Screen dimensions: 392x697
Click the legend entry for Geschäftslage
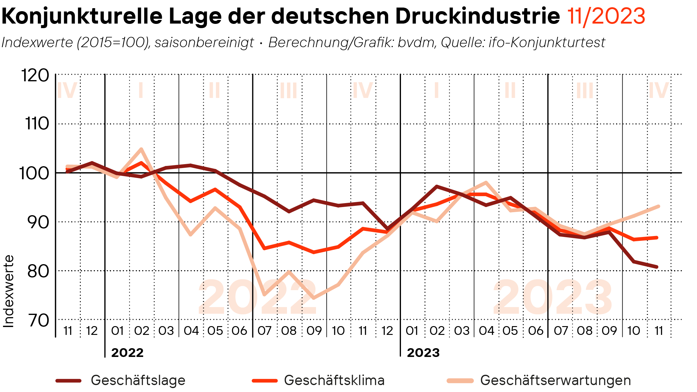[x=138, y=380]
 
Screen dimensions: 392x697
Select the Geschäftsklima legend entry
[x=334, y=380]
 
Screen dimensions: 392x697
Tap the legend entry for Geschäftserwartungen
[x=555, y=380]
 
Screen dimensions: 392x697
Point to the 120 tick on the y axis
[x=35, y=76]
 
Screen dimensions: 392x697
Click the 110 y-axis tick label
[x=37, y=124]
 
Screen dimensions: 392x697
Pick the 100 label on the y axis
[x=34, y=173]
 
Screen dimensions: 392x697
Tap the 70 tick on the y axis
[x=38, y=321]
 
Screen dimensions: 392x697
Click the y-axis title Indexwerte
[x=8, y=291]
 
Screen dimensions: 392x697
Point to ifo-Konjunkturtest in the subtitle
[x=547, y=43]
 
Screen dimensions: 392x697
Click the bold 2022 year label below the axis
[x=127, y=353]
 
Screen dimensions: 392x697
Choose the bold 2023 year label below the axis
[x=423, y=353]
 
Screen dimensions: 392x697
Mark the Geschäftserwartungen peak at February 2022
[x=141, y=149]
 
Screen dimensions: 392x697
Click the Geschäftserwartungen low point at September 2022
[x=314, y=298]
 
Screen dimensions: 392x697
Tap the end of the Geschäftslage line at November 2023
[x=657, y=267]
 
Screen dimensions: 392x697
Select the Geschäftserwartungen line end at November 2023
[x=658, y=206]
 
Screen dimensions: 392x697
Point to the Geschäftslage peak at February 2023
[x=437, y=186]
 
